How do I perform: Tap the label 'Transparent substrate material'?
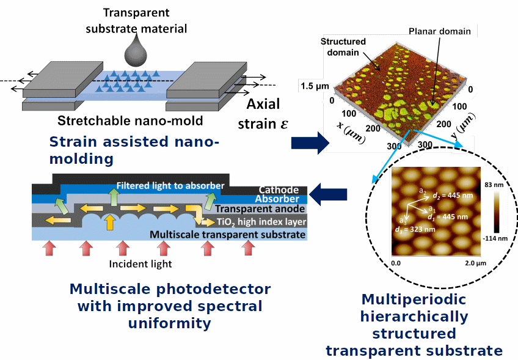pos(136,20)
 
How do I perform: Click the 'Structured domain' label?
pos(343,47)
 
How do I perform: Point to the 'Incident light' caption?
pos(140,264)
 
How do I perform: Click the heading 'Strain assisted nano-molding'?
pos(134,150)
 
